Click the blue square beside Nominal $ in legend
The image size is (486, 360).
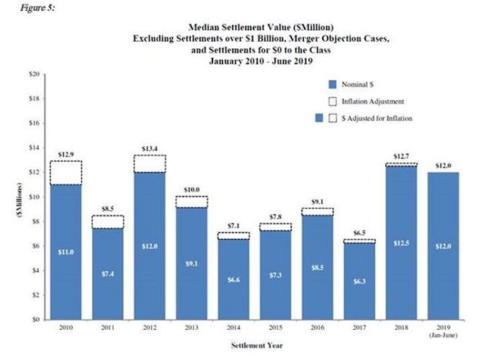click(x=332, y=84)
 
